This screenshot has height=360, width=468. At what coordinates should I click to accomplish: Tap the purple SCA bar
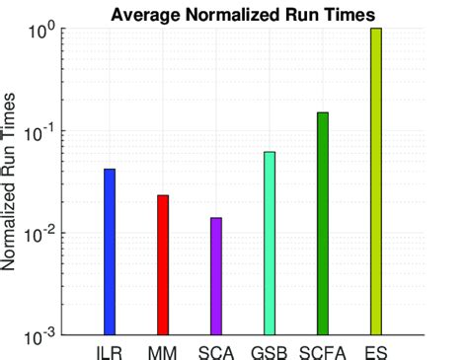[216, 276]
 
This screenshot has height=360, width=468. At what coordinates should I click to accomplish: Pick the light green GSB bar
[269, 243]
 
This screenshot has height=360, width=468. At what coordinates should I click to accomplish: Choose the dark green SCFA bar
[322, 224]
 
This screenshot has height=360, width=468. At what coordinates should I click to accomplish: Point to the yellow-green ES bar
[375, 181]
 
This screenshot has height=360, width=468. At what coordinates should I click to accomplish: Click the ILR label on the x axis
[110, 351]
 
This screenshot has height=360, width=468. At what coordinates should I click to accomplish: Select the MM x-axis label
[163, 351]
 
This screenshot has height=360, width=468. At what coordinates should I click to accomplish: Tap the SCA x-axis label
[216, 351]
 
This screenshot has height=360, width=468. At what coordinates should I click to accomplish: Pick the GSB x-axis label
[269, 351]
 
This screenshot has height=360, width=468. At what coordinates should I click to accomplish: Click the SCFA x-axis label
[322, 351]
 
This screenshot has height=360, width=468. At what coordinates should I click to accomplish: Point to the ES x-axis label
[375, 351]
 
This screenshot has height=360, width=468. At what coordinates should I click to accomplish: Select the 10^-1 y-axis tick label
[46, 131]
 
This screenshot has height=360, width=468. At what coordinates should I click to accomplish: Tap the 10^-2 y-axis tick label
[46, 234]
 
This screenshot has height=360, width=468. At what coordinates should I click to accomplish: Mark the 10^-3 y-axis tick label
[46, 336]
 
